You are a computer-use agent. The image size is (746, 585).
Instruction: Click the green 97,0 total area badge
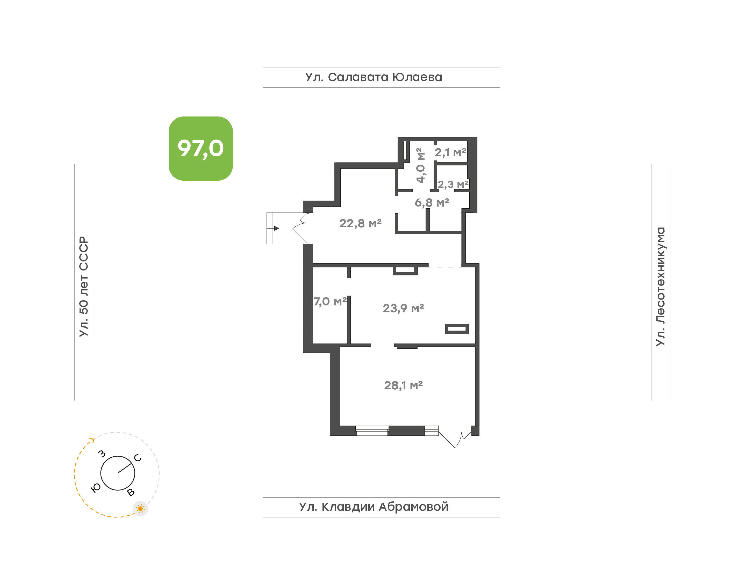click(x=200, y=148)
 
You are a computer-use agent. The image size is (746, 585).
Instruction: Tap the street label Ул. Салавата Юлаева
click(x=374, y=77)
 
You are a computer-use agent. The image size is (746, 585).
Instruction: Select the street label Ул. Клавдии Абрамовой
click(x=374, y=507)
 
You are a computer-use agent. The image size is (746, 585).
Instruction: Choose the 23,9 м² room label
click(x=403, y=308)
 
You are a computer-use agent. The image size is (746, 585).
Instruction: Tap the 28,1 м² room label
click(x=403, y=385)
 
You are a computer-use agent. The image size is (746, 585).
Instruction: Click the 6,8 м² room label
click(x=432, y=202)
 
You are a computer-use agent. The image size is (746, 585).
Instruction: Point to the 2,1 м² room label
click(x=450, y=152)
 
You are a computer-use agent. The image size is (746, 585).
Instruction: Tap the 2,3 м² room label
click(x=453, y=185)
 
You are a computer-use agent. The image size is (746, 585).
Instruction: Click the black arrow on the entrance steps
click(x=276, y=228)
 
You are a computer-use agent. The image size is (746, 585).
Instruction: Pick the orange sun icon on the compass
click(x=140, y=509)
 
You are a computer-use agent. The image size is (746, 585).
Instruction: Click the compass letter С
click(x=138, y=458)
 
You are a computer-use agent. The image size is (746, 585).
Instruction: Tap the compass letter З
click(x=102, y=454)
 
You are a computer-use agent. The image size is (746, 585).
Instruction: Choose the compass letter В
click(x=131, y=493)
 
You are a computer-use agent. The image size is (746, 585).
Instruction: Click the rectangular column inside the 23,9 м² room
click(x=457, y=329)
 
